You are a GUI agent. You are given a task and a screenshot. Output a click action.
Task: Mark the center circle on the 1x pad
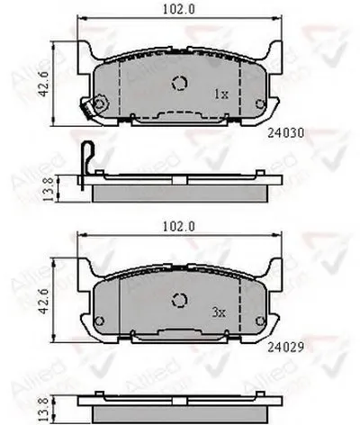pyautogui.click(x=179, y=85)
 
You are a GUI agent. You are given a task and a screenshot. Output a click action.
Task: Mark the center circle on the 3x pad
pyautogui.click(x=179, y=299)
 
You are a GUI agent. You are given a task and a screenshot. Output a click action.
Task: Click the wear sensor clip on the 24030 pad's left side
pyautogui.click(x=90, y=109)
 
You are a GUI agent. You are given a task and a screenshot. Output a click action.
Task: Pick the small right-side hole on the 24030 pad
pyautogui.click(x=260, y=104)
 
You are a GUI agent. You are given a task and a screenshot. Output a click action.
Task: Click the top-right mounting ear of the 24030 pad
pyautogui.click(x=275, y=50)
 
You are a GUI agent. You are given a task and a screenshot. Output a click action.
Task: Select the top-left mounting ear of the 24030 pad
pyautogui.click(x=86, y=50)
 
